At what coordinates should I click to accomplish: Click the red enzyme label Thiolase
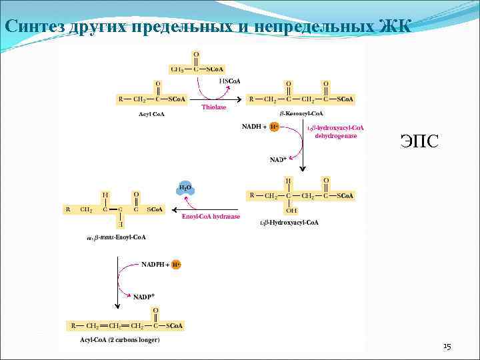(x=214, y=107)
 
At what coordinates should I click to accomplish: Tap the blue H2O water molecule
(x=185, y=188)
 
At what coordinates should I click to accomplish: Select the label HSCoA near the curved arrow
(x=229, y=81)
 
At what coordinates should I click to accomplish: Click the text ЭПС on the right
(x=419, y=141)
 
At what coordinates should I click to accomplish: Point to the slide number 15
(x=447, y=347)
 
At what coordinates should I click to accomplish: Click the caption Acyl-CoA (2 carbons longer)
(x=120, y=340)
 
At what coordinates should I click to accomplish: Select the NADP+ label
(x=144, y=296)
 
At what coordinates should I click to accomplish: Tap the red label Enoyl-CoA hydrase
(x=211, y=216)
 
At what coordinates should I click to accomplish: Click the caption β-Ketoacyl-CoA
(x=301, y=114)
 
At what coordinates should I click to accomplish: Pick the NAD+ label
(x=278, y=160)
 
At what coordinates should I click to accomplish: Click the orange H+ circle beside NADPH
(x=176, y=265)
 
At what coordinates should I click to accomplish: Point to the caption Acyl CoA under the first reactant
(x=151, y=114)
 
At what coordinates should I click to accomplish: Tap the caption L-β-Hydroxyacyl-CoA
(x=289, y=222)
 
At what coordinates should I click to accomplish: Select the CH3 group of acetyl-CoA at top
(x=178, y=69)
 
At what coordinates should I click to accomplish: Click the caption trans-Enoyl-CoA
(x=117, y=237)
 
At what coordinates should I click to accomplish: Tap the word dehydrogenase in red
(x=336, y=136)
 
